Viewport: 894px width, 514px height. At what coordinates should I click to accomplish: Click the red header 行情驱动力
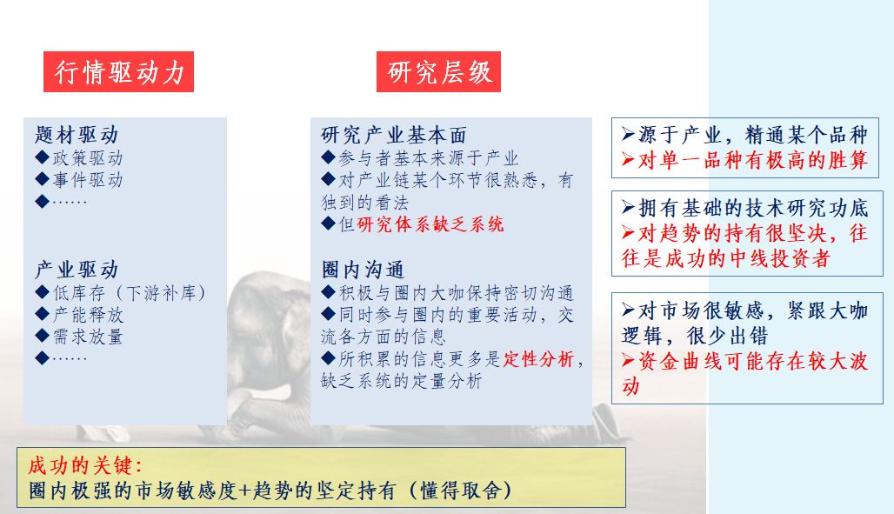tap(119, 73)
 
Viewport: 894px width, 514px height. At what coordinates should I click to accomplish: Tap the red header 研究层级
tap(439, 73)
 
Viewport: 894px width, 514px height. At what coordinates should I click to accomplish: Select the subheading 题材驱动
tap(77, 135)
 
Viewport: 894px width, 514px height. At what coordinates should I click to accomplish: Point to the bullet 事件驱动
tap(80, 180)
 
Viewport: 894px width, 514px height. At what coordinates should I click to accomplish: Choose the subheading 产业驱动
tap(77, 270)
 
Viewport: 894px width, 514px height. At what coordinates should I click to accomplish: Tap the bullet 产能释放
tap(80, 314)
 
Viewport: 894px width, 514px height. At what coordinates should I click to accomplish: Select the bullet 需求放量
tap(80, 337)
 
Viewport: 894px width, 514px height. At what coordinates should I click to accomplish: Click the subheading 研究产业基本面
tap(394, 135)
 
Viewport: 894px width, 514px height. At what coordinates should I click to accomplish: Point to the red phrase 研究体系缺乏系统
tap(430, 224)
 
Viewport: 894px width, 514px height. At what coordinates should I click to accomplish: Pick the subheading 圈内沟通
tap(363, 270)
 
